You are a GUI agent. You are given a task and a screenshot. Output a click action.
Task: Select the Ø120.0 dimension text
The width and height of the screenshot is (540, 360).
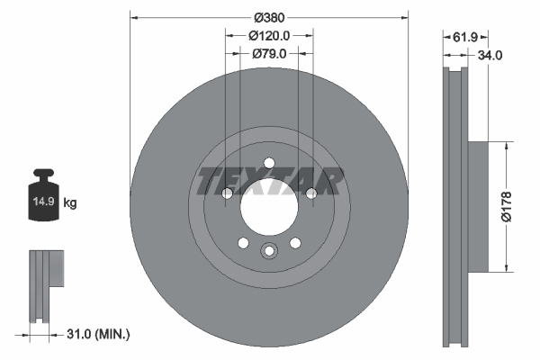[269, 36]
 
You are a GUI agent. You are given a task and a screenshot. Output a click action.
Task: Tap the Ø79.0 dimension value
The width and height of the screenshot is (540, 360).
[269, 54]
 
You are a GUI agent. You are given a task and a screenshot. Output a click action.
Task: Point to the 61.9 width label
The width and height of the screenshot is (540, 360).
[464, 37]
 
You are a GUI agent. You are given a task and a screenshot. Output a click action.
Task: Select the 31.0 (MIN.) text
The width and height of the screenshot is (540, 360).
[99, 334]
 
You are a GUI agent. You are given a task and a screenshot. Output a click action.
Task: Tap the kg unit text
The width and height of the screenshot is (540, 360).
[71, 203]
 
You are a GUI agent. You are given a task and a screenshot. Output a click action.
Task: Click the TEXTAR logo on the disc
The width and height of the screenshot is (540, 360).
[269, 181]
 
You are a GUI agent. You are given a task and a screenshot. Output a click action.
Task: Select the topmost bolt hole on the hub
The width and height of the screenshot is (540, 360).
[269, 163]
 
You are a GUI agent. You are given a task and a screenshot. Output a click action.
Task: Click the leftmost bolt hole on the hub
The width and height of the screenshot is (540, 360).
[227, 193]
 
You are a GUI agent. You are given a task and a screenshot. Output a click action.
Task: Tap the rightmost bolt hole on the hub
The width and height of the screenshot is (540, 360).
[311, 193]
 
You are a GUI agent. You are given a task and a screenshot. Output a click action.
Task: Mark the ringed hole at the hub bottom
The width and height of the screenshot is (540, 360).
[269, 252]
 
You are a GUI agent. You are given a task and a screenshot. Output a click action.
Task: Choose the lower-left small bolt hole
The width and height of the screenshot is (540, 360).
[243, 243]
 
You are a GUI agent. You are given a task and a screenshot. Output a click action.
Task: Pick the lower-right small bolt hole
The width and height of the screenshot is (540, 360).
[295, 243]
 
